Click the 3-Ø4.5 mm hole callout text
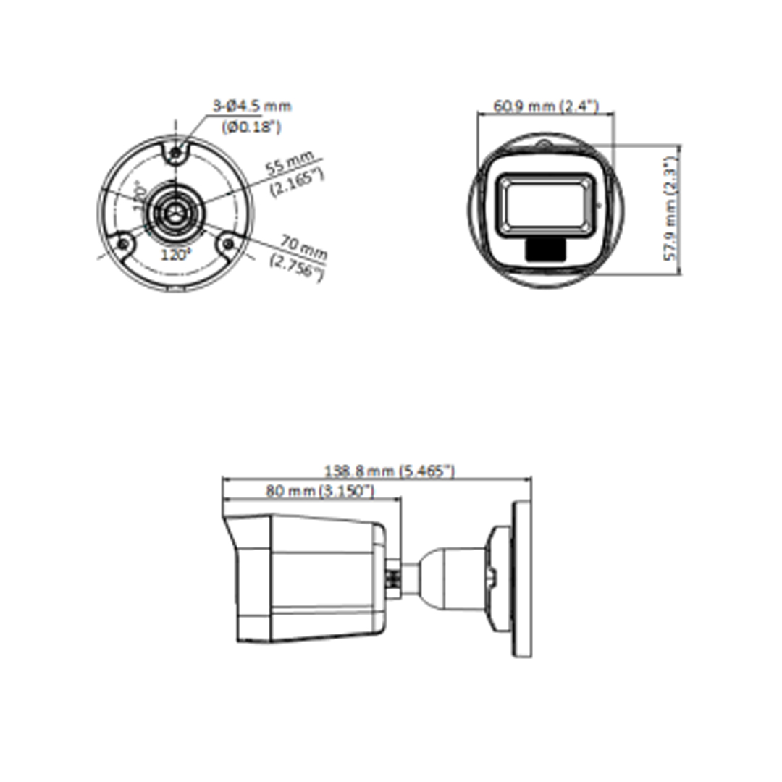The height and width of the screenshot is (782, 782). [x=251, y=106]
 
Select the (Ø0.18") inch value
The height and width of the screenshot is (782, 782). [x=251, y=127]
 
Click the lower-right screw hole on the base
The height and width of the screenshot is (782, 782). [x=230, y=245]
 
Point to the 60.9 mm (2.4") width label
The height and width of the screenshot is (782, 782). [x=545, y=106]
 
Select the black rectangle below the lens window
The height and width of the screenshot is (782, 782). [x=545, y=248]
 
